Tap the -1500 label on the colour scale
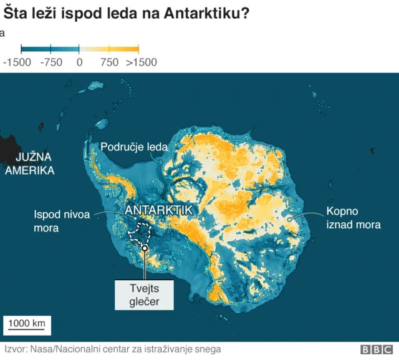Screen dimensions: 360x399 point(17,62)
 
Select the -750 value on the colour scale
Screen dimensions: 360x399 point(51,62)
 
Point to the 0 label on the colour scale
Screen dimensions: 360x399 point(79,62)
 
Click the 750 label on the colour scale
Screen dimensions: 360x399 point(109,62)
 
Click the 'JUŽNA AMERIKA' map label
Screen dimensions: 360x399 point(29,164)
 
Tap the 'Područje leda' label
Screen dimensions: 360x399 point(134,147)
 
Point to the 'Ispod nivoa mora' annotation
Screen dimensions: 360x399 point(62,221)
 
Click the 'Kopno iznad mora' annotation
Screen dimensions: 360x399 point(353,218)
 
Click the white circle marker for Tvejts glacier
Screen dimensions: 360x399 point(144,248)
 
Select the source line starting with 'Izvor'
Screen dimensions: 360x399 point(112,349)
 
